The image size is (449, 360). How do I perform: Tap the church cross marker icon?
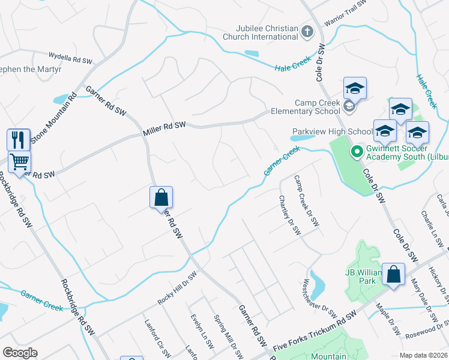307,32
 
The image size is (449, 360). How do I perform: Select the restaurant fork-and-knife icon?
18,140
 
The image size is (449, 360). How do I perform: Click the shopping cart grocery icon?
19,161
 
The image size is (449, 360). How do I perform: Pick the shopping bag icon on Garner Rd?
161,197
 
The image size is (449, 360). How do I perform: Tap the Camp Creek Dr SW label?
306,200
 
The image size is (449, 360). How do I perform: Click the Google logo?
20,352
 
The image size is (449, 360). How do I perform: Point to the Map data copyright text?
423,355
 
